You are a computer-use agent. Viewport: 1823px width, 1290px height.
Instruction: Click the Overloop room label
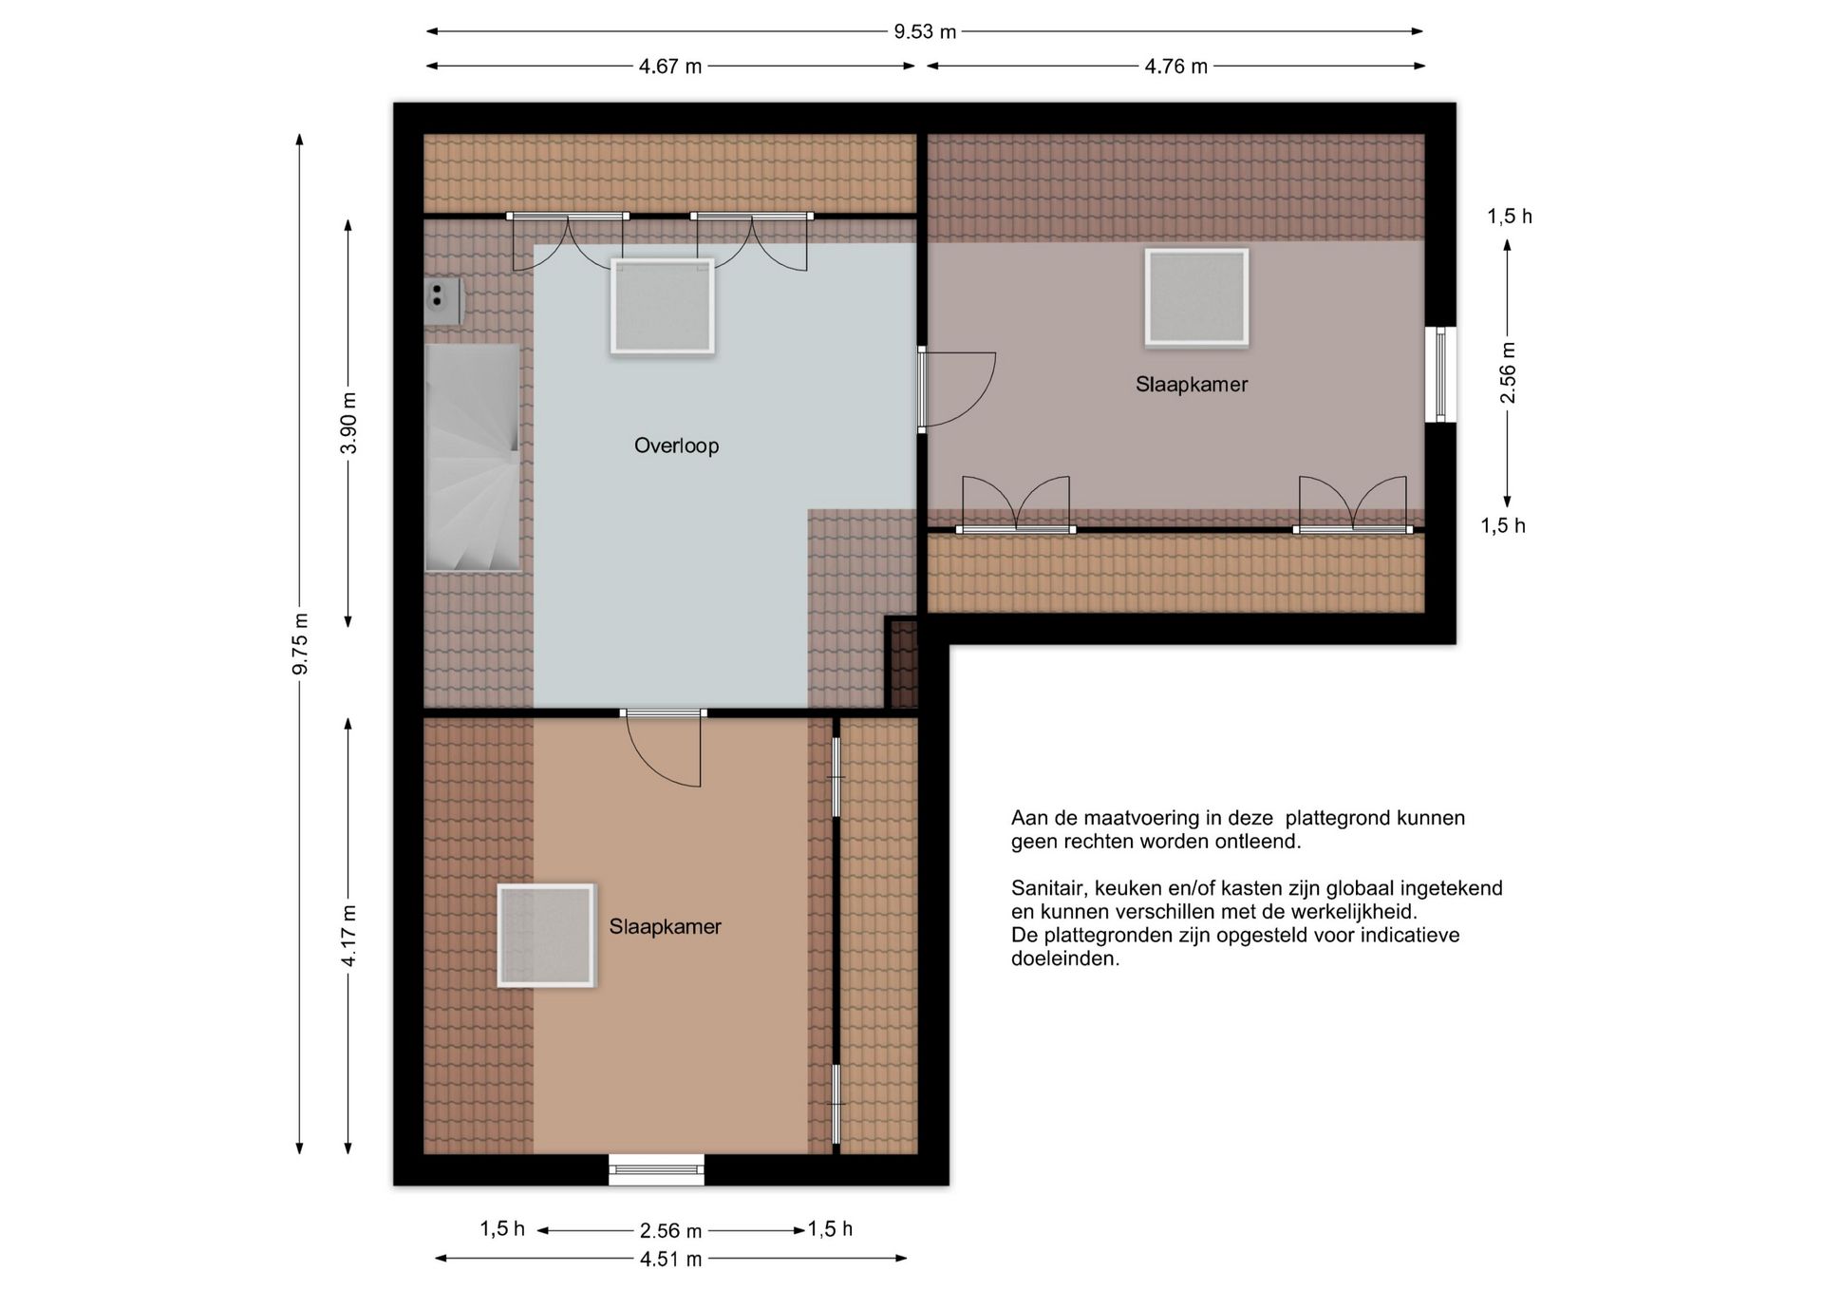[676, 446]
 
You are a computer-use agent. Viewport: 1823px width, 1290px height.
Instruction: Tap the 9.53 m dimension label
[925, 31]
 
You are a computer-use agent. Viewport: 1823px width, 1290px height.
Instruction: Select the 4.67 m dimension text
[670, 66]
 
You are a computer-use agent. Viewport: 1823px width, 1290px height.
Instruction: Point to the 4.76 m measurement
[1175, 66]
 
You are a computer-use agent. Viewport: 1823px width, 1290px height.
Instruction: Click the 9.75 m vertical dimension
[300, 644]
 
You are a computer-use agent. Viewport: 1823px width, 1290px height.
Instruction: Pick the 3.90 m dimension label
[349, 423]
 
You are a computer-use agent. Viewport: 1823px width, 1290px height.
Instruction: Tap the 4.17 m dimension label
[349, 936]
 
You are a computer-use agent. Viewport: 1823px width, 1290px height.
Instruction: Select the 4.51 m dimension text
[670, 1260]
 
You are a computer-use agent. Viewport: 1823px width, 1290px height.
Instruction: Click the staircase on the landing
[472, 457]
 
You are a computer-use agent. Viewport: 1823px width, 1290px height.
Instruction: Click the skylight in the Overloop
[662, 306]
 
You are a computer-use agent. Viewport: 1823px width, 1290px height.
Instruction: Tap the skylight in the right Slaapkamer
[1196, 297]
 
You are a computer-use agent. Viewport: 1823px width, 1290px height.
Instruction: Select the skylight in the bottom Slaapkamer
[546, 936]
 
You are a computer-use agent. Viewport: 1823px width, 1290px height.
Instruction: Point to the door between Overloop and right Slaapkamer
[956, 389]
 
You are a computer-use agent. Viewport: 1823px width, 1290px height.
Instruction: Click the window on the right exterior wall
[1440, 374]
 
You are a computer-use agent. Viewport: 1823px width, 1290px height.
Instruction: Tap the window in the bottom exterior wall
[656, 1169]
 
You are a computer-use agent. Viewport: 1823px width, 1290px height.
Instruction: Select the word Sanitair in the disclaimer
[1048, 889]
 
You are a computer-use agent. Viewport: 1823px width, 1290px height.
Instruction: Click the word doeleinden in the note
[1064, 959]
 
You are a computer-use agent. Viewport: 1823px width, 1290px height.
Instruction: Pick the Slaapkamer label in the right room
[1192, 385]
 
